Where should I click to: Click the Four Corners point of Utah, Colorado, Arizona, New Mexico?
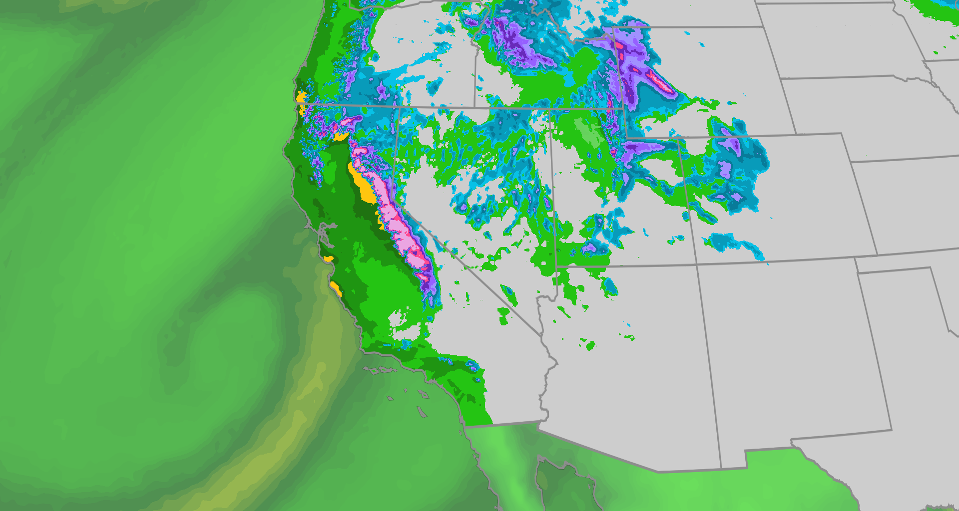tap(697, 265)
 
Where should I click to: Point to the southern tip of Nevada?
tap(541, 334)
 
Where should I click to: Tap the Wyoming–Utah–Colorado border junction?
tap(626, 138)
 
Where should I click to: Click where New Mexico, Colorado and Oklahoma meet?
tap(856, 259)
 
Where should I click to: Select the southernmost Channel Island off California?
tap(422, 412)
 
